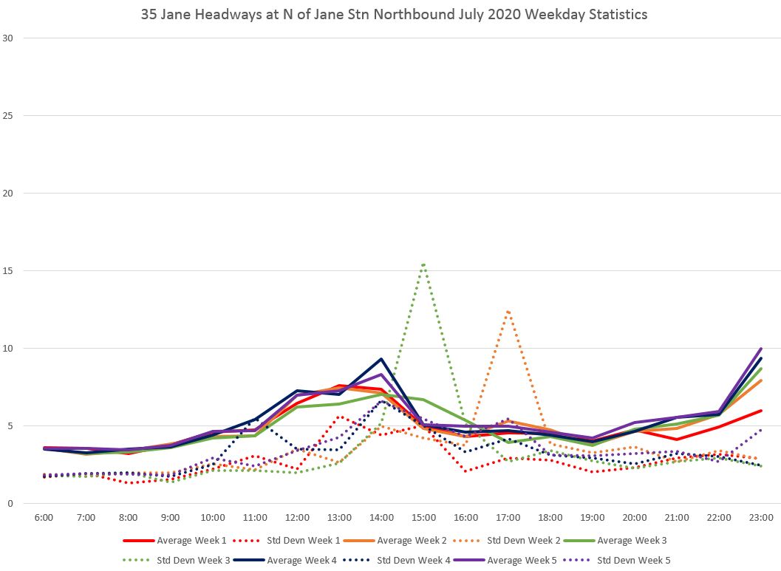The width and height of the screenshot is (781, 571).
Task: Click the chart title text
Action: (394, 15)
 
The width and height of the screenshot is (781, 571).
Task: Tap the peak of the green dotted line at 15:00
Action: (423, 263)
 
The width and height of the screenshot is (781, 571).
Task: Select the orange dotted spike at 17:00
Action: (508, 311)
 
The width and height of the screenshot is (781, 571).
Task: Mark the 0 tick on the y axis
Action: (10, 504)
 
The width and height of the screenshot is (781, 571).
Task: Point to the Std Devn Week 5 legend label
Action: (633, 561)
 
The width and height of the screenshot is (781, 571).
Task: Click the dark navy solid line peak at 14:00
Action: (381, 359)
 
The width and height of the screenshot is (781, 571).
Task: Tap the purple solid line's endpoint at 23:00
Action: (761, 349)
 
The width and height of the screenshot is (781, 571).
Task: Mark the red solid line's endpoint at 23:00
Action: (761, 411)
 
